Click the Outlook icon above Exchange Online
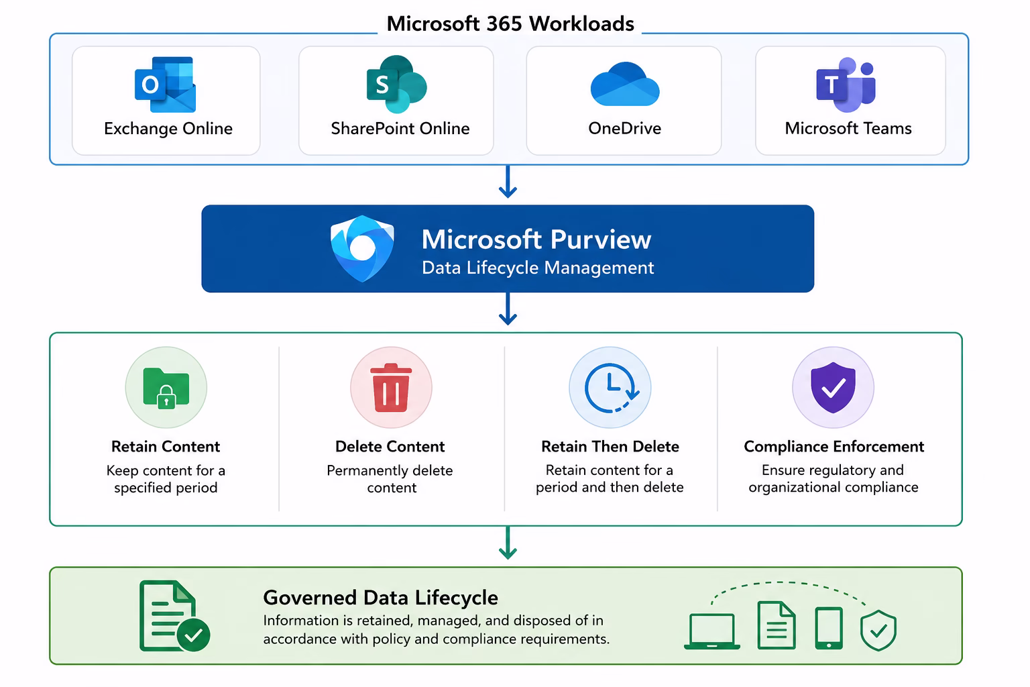tap(165, 85)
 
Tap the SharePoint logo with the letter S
tap(396, 85)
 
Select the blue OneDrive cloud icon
tap(625, 85)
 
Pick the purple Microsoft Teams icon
tap(846, 85)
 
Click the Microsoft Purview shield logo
tap(362, 248)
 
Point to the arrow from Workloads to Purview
tap(508, 182)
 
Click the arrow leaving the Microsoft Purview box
tap(508, 309)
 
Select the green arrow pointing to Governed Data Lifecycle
tap(508, 543)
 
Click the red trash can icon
tap(391, 388)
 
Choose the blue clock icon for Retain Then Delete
tap(611, 388)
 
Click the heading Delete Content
tap(390, 446)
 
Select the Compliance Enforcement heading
tap(834, 446)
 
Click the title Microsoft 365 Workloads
tap(510, 23)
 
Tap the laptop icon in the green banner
tap(711, 631)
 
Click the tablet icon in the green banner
tap(829, 628)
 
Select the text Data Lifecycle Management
tap(538, 268)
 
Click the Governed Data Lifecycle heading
tap(380, 598)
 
